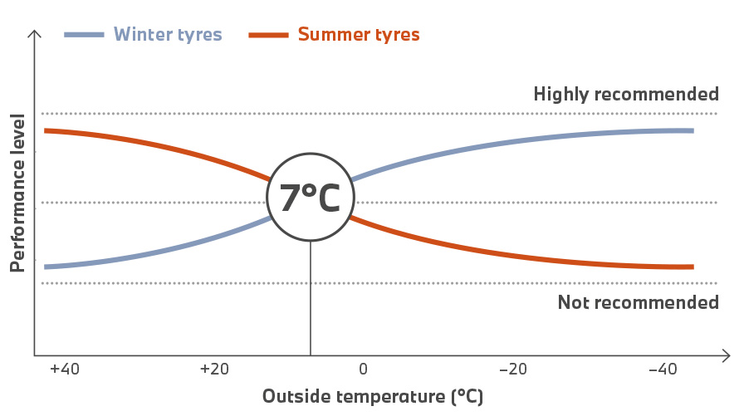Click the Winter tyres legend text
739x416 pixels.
click(x=168, y=35)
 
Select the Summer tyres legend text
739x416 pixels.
click(x=358, y=35)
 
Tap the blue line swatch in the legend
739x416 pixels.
click(x=85, y=35)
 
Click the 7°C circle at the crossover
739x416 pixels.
click(x=311, y=198)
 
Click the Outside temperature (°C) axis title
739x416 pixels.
click(x=373, y=396)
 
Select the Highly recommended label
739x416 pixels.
click(x=626, y=94)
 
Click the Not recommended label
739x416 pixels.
click(x=638, y=302)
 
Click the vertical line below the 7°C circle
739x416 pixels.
click(x=311, y=299)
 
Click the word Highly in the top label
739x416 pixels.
click(x=560, y=94)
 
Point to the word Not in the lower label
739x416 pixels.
click(x=573, y=302)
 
